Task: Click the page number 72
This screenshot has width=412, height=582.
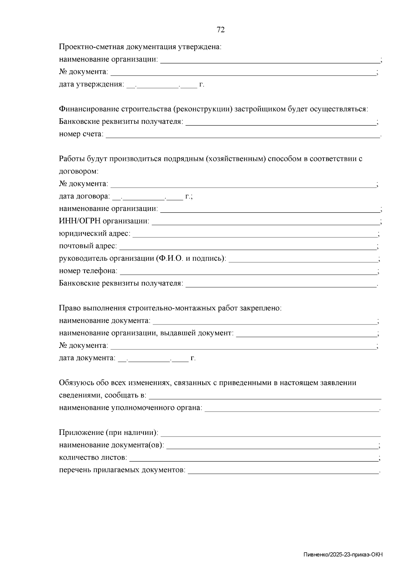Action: [x=221, y=30]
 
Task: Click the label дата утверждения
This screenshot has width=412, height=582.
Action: [x=91, y=84]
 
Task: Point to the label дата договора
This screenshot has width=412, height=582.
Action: [x=84, y=197]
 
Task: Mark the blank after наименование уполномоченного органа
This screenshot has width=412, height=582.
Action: [x=292, y=409]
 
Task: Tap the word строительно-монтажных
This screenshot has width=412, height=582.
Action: [x=172, y=308]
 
